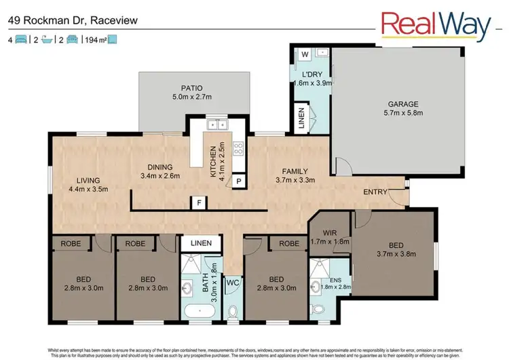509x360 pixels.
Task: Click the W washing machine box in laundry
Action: tap(304, 54)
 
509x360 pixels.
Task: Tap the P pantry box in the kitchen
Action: tap(239, 181)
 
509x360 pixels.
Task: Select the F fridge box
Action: tap(199, 202)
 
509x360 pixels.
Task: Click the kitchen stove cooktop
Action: tap(239, 149)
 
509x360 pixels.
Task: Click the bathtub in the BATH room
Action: tap(199, 312)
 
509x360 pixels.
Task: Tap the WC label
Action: tap(231, 281)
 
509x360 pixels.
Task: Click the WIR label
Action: tap(331, 232)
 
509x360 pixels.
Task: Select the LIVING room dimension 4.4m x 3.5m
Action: tap(88, 189)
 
